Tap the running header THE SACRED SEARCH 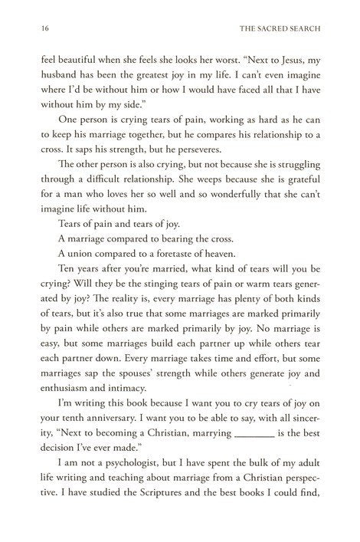click(x=283, y=28)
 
